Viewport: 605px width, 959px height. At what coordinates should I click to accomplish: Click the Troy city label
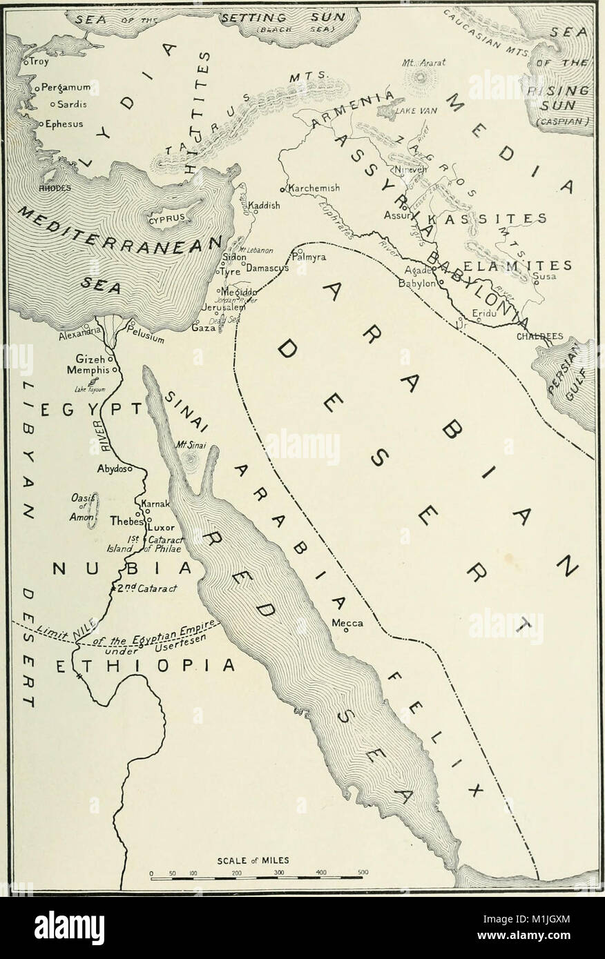[x=35, y=62]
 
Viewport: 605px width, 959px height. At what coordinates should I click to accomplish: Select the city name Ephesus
[x=64, y=125]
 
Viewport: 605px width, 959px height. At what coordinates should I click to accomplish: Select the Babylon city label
[x=416, y=283]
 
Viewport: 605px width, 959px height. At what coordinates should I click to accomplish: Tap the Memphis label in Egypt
[x=93, y=370]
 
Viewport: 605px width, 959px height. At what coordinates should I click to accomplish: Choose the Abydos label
[x=113, y=468]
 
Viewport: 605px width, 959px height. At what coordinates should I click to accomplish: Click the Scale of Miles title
[x=253, y=860]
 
